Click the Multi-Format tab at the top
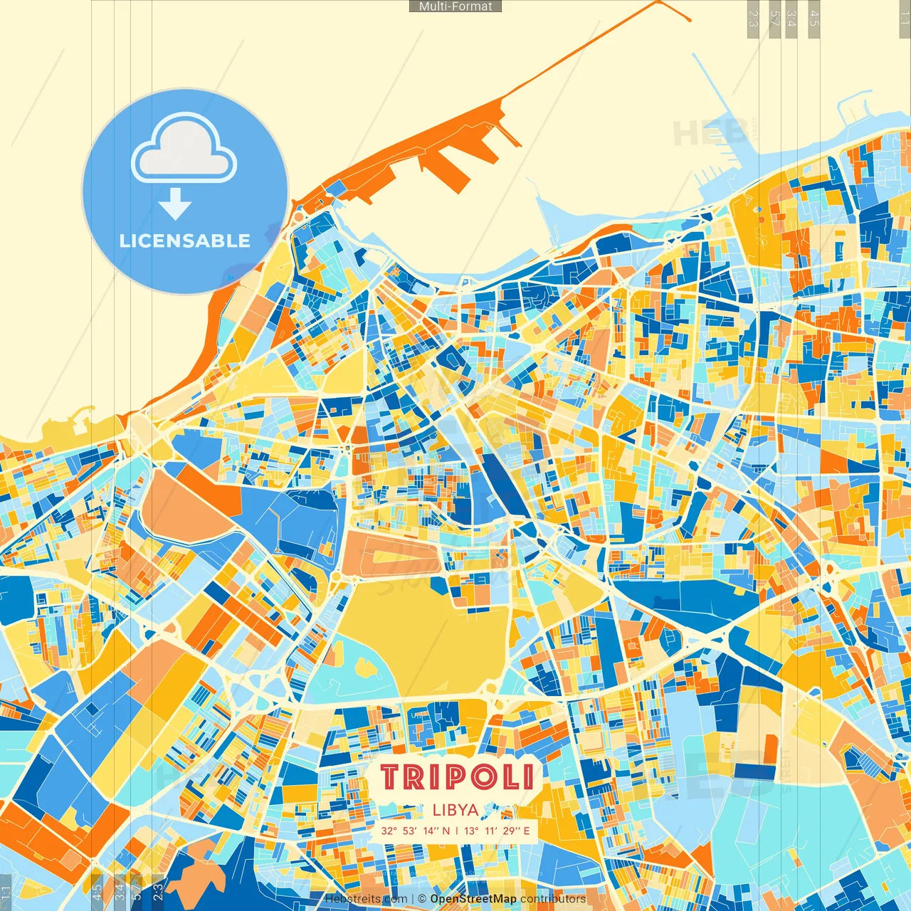coord(455,6)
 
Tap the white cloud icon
coord(184,151)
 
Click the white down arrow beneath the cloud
coord(175,204)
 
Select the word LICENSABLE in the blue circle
coord(185,241)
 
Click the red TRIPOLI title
coord(456,777)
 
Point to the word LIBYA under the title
coord(455,810)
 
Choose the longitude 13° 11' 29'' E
coord(497,831)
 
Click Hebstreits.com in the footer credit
coord(366,899)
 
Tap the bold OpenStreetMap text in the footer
coord(473,899)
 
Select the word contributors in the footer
coord(553,899)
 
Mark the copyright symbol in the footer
coord(422,899)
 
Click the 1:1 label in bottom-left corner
coord(6,892)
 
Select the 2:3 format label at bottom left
coord(157,890)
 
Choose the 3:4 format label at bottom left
coord(119,890)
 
